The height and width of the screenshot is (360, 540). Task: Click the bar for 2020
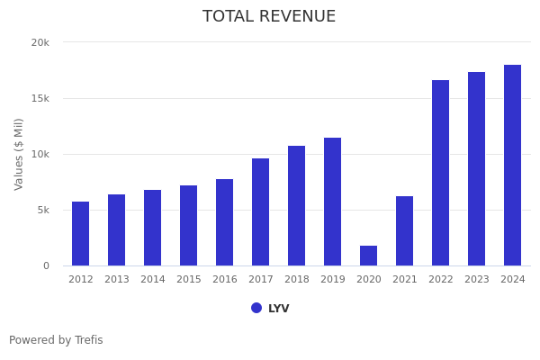point(369,256)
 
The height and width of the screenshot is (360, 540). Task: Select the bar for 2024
point(513,166)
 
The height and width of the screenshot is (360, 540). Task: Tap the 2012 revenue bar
point(81,234)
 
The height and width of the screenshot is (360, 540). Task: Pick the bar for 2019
point(333,202)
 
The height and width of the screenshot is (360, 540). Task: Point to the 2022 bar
point(441,173)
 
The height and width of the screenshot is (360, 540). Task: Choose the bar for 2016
point(225,222)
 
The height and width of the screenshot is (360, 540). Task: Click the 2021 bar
point(405,231)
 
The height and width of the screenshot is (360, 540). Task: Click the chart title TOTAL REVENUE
point(269,17)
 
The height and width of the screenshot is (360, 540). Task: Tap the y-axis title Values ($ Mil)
point(19,154)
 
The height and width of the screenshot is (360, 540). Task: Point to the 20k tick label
point(40,42)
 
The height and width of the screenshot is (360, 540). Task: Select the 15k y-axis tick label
point(40,98)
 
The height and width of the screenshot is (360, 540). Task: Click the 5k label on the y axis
point(43,210)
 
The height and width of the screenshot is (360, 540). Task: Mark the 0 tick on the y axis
point(46,265)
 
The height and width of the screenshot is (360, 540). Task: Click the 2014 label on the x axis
point(153,280)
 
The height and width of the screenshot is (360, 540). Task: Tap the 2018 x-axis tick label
point(297,280)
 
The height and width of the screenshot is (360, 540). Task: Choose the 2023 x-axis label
point(477,280)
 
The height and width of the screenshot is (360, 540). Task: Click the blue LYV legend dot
point(256,308)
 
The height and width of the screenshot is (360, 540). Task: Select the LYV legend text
point(279,309)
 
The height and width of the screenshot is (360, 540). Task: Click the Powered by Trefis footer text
point(56,340)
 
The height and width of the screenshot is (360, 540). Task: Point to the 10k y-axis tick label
point(40,154)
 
